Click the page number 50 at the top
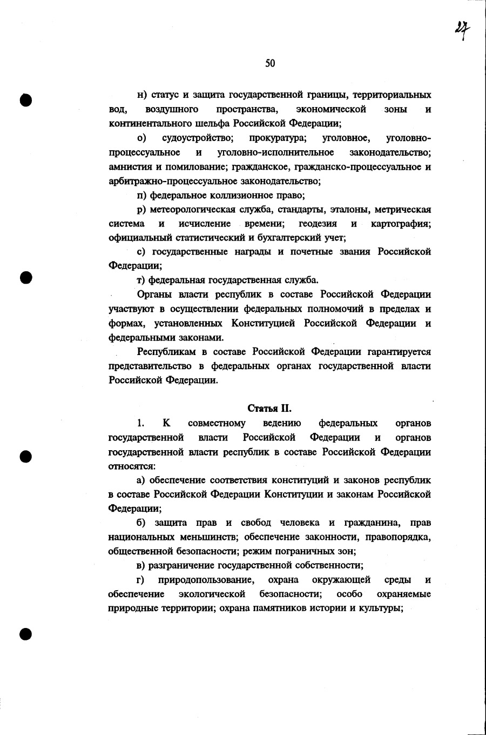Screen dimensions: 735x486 click(x=270, y=64)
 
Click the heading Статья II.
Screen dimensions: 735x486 click(x=269, y=408)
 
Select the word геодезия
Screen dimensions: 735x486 click(x=318, y=224)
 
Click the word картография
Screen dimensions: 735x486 click(x=401, y=224)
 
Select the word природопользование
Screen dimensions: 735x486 click(x=206, y=580)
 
